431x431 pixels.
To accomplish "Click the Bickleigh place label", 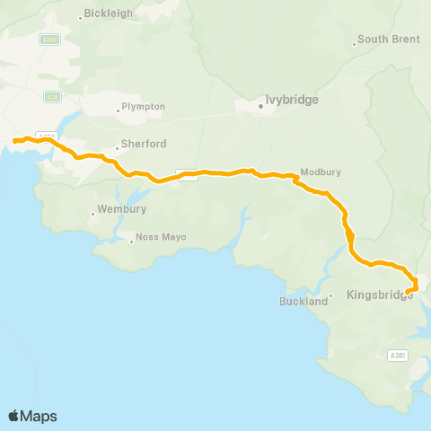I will click(109, 14).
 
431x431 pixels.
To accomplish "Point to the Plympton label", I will click(144, 107).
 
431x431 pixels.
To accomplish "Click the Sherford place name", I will click(145, 144).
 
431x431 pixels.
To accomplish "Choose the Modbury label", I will click(321, 172).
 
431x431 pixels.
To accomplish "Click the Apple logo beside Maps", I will click(14, 416).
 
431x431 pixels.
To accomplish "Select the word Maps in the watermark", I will click(39, 416).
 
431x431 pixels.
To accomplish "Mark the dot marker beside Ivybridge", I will click(261, 106).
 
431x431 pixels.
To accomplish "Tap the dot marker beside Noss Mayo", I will click(131, 239).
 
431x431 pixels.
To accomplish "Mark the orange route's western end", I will click(14, 141).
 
